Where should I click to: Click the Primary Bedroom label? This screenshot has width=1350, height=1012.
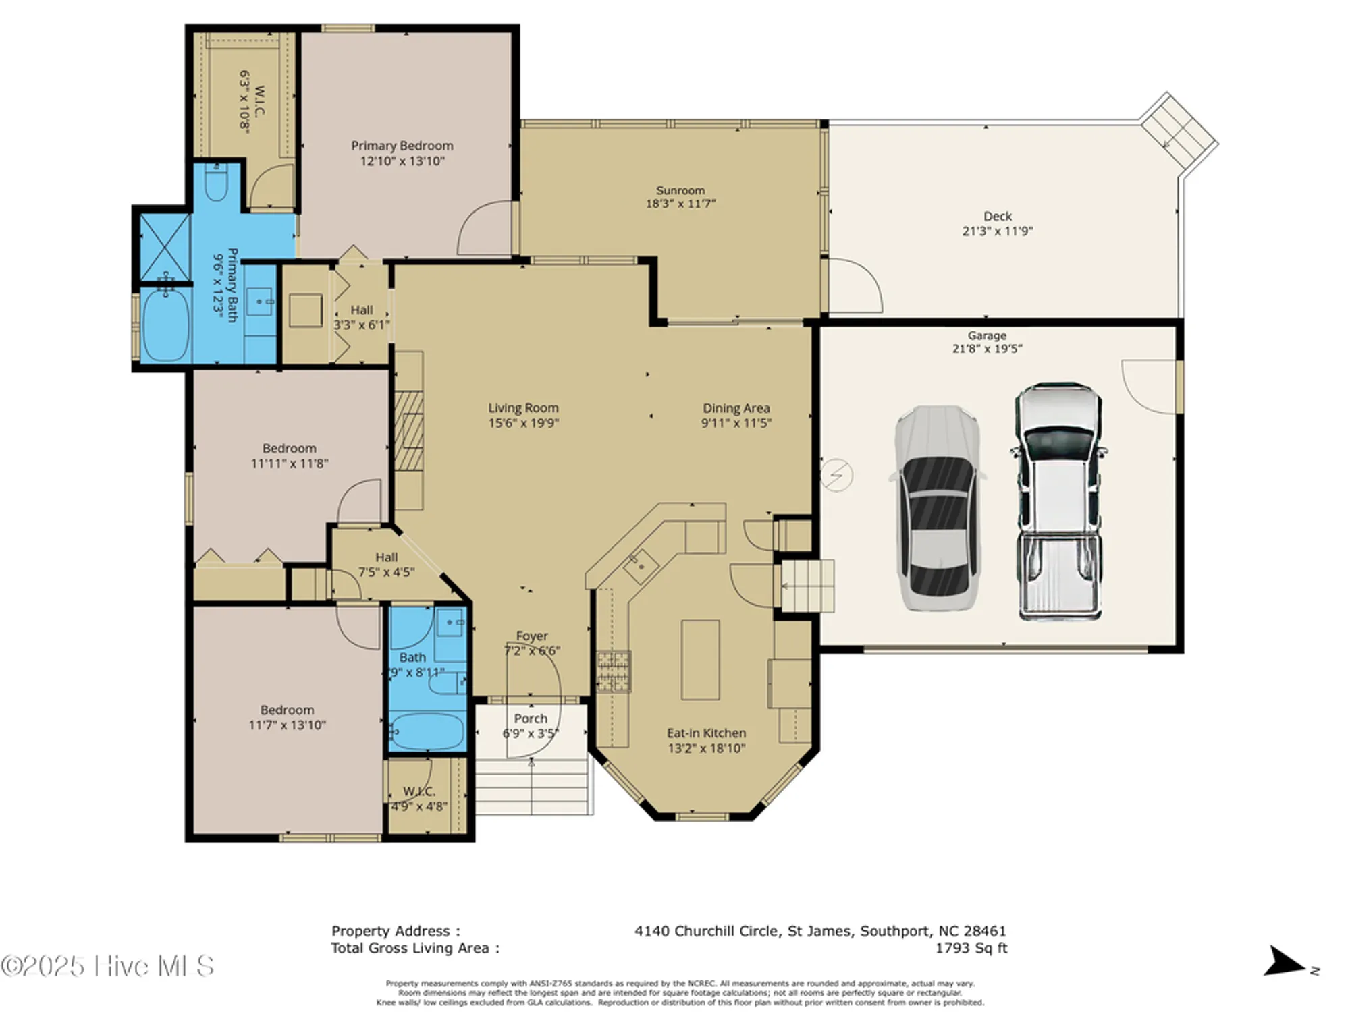click(402, 146)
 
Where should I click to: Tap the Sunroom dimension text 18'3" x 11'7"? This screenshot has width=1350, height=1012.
click(680, 204)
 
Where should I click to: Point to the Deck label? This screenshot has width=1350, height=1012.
click(997, 216)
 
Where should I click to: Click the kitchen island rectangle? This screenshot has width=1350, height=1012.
click(700, 660)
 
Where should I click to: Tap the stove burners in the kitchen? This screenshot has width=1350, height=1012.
click(614, 671)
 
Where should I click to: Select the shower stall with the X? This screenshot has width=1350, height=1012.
click(164, 246)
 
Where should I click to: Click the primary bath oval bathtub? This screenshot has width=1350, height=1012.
click(165, 325)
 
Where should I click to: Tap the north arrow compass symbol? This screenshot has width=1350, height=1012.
click(1286, 962)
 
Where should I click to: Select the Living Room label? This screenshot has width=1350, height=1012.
click(523, 408)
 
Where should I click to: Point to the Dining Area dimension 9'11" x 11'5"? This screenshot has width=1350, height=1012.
click(736, 423)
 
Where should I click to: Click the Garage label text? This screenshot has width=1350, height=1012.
click(986, 335)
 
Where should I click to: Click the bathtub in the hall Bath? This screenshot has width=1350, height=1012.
click(427, 731)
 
